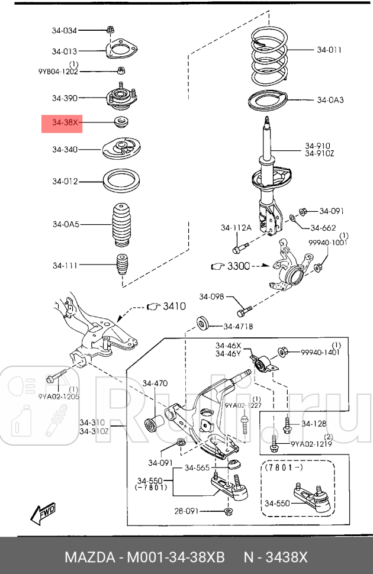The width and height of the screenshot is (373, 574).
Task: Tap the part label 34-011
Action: pos(329,50)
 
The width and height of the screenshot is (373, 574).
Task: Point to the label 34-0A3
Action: pos(330,100)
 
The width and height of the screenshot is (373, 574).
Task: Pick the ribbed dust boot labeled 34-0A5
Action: pos(122,226)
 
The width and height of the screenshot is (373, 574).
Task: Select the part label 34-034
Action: pos(64,30)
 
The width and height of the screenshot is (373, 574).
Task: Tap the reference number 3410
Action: pos(174,307)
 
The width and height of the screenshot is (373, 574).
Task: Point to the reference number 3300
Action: pos(239,267)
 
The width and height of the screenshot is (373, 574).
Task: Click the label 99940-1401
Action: pos(320,352)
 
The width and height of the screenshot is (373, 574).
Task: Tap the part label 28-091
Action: pos(187,510)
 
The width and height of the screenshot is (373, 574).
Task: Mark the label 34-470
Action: pos(155,383)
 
